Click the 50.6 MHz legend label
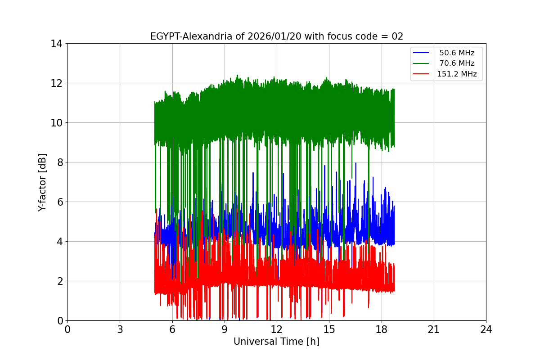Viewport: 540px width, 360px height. coord(457,53)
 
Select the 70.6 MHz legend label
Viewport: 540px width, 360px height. coord(457,63)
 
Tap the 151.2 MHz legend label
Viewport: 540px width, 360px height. coord(457,74)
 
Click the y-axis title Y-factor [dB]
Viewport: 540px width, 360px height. coord(42,182)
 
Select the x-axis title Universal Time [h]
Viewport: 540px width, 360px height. coord(276,342)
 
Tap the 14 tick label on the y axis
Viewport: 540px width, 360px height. coord(56,44)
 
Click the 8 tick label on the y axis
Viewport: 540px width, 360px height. coord(59,162)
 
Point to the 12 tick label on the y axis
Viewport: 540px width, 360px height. coord(56,83)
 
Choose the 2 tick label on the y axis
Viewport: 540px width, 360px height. coord(59,281)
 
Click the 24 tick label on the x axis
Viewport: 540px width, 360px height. coord(486,329)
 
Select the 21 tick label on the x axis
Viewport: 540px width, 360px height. coord(434,329)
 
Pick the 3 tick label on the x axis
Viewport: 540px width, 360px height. coord(120,329)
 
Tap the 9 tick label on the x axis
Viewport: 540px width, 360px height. coord(225,329)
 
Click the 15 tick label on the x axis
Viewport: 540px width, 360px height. coord(329,329)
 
